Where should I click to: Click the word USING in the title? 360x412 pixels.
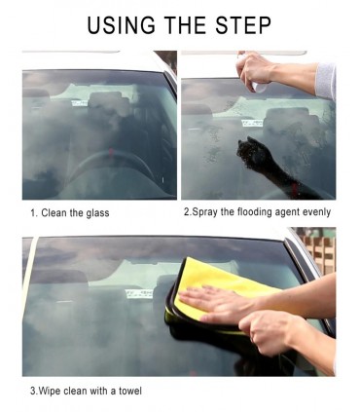122,25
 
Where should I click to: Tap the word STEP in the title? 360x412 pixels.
243,25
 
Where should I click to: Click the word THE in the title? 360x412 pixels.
185,25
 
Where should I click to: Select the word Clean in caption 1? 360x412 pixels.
54,213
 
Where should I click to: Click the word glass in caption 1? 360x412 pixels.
97,213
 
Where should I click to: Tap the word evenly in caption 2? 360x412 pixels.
316,212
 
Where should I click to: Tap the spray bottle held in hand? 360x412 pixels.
255,78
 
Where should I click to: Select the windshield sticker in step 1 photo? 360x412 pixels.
80,103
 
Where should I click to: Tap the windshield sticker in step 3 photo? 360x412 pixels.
139,293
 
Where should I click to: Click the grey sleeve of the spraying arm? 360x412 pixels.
325,81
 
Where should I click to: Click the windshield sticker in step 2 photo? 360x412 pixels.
252,123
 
